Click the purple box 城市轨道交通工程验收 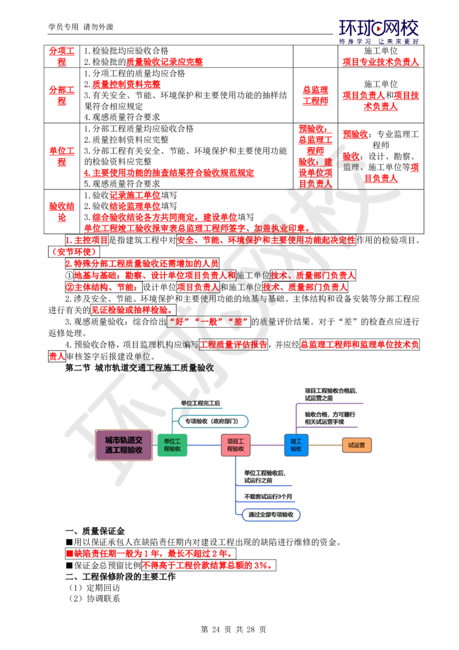click(x=124, y=445)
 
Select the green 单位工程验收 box click(x=172, y=445)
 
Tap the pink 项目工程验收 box click(x=236, y=445)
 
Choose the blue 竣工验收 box click(x=296, y=445)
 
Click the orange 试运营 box click(x=356, y=445)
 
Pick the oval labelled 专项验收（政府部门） click(x=214, y=421)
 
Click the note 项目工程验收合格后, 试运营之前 click(x=330, y=394)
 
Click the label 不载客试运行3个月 click(x=268, y=496)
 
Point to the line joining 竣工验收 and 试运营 click(x=325, y=445)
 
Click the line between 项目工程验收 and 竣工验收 click(x=267, y=445)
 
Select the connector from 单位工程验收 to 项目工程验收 click(x=204, y=445)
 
